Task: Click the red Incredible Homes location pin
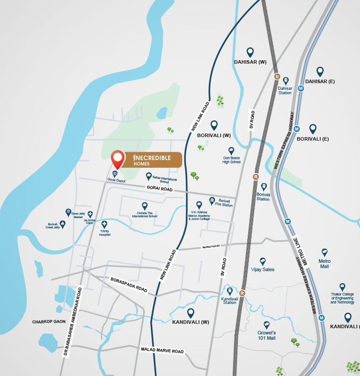tap(117, 158)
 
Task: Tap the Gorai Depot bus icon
tap(115, 174)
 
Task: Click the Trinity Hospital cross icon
tap(104, 224)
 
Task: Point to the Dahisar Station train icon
tap(286, 81)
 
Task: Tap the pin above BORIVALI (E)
tap(313, 129)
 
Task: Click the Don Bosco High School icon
tap(231, 151)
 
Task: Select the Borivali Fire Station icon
tap(212, 201)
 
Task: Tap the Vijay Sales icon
tap(263, 261)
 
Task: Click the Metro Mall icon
tap(325, 253)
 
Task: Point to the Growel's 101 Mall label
tap(267, 335)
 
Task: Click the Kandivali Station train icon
tap(230, 291)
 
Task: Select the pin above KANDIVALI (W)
tap(191, 313)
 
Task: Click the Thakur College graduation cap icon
tap(342, 287)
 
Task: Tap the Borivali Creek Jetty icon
tap(62, 224)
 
